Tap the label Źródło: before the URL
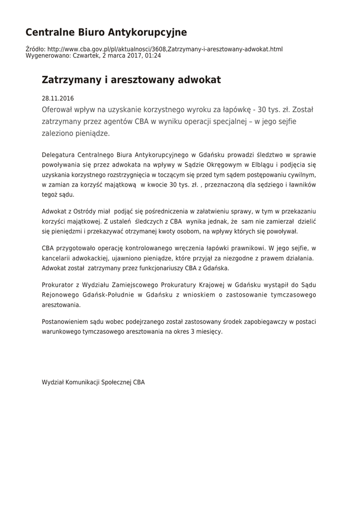[35, 50]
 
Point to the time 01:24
[152, 56]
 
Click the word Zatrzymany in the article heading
[71, 80]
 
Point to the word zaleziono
[60, 134]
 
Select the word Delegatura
[59, 155]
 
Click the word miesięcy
[209, 332]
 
